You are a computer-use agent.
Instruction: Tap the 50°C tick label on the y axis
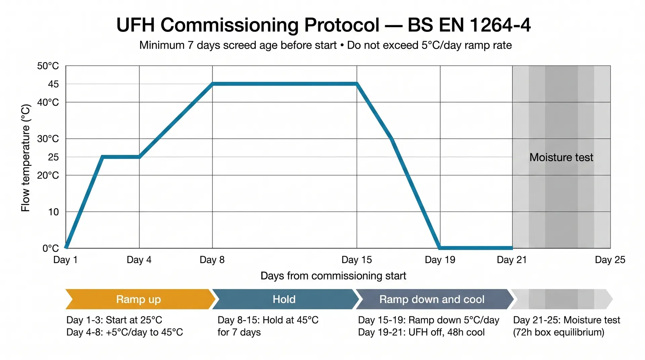click(48, 66)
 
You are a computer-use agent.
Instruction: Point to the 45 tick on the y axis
click(53, 84)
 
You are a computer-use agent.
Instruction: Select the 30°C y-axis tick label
click(48, 139)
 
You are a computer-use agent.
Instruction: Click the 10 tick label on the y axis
click(53, 212)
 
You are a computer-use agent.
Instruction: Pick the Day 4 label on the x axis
click(139, 260)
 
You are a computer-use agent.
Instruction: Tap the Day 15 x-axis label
click(356, 260)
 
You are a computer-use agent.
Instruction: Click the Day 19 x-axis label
click(440, 260)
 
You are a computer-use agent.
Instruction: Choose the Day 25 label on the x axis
click(610, 260)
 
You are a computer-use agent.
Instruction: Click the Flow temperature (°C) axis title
click(26, 158)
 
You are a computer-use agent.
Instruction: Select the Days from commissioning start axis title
click(333, 276)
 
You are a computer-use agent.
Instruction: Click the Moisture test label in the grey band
click(561, 157)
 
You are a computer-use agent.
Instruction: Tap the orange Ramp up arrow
click(139, 299)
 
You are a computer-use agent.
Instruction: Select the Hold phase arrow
click(284, 299)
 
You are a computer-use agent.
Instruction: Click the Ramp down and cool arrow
click(432, 299)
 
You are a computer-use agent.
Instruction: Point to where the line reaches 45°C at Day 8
click(212, 84)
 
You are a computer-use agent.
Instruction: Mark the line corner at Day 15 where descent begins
click(356, 84)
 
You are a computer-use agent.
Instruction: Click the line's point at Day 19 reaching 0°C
click(440, 248)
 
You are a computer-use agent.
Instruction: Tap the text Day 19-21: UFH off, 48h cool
click(421, 332)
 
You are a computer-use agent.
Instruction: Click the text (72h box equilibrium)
click(558, 332)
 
